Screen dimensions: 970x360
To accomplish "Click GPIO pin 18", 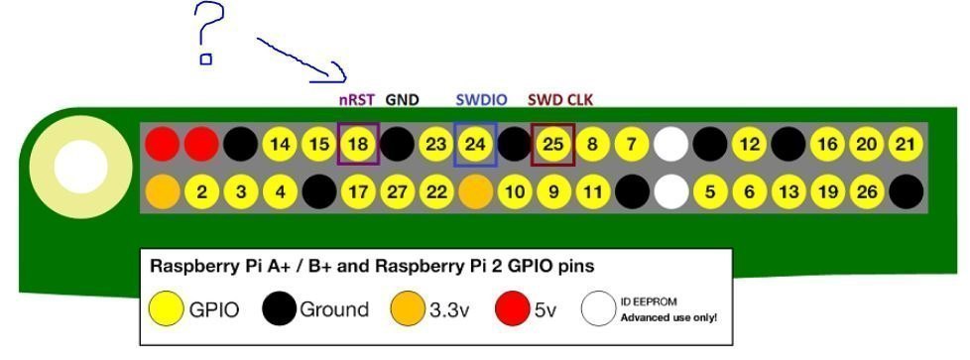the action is [x=358, y=144].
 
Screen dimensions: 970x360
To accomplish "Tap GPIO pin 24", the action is [x=475, y=144].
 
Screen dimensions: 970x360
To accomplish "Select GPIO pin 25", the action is [x=553, y=144].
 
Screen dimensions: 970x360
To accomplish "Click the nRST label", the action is [x=357, y=99].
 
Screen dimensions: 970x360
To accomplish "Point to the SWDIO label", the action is [x=481, y=99].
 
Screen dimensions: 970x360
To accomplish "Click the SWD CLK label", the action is [x=560, y=99].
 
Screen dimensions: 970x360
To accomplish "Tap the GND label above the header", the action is [x=402, y=99].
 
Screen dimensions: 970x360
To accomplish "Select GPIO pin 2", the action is [x=201, y=191].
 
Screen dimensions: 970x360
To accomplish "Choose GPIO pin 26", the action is [x=867, y=191].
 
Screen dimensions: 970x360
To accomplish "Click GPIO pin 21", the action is [x=906, y=144].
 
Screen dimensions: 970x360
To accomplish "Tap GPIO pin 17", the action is [x=358, y=191].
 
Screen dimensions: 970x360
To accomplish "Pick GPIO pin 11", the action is [x=592, y=191].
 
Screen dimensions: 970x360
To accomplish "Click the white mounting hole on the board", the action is [x=81, y=167].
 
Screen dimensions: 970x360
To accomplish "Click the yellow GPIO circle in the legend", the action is [x=167, y=308].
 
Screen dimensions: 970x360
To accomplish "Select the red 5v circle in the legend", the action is [x=513, y=308].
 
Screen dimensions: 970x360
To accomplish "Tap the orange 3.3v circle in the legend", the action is [x=409, y=308].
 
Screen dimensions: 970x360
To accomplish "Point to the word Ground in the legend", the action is [x=334, y=308].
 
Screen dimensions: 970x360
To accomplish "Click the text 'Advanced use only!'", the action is [x=668, y=318].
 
